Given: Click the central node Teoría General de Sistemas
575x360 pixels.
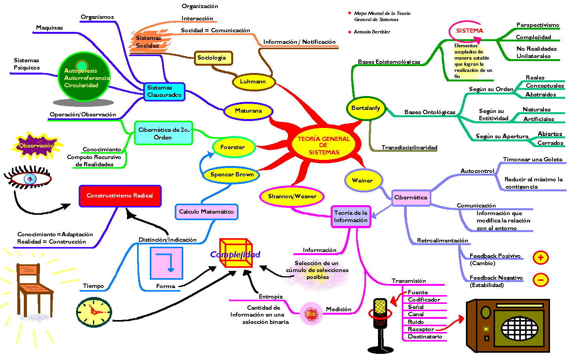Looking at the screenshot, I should pyautogui.click(x=323, y=146).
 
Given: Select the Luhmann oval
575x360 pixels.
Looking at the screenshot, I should pyautogui.click(x=253, y=81).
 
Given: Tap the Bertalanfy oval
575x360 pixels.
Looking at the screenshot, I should pyautogui.click(x=366, y=108).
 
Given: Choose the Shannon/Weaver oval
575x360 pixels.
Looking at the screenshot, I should pyautogui.click(x=292, y=196).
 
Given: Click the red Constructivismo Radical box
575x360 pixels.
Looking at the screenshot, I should pyautogui.click(x=120, y=196).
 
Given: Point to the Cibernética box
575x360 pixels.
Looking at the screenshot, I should pyautogui.click(x=411, y=197).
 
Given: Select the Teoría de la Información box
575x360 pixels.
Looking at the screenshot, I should pyautogui.click(x=351, y=216).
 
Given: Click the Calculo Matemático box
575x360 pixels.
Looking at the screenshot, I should pyautogui.click(x=206, y=212).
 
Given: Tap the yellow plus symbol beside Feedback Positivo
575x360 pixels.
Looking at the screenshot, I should pyautogui.click(x=540, y=257).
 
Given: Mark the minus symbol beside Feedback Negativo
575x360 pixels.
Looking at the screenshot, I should pyautogui.click(x=540, y=280).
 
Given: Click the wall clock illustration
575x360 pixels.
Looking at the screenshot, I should pyautogui.click(x=94, y=312).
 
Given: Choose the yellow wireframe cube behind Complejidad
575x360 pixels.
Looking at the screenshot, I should pyautogui.click(x=236, y=253).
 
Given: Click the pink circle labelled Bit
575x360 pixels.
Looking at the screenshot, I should pyautogui.click(x=311, y=314).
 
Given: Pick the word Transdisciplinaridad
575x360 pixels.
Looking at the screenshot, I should pyautogui.click(x=409, y=148).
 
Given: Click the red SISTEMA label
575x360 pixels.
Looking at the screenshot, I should pyautogui.click(x=469, y=31).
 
